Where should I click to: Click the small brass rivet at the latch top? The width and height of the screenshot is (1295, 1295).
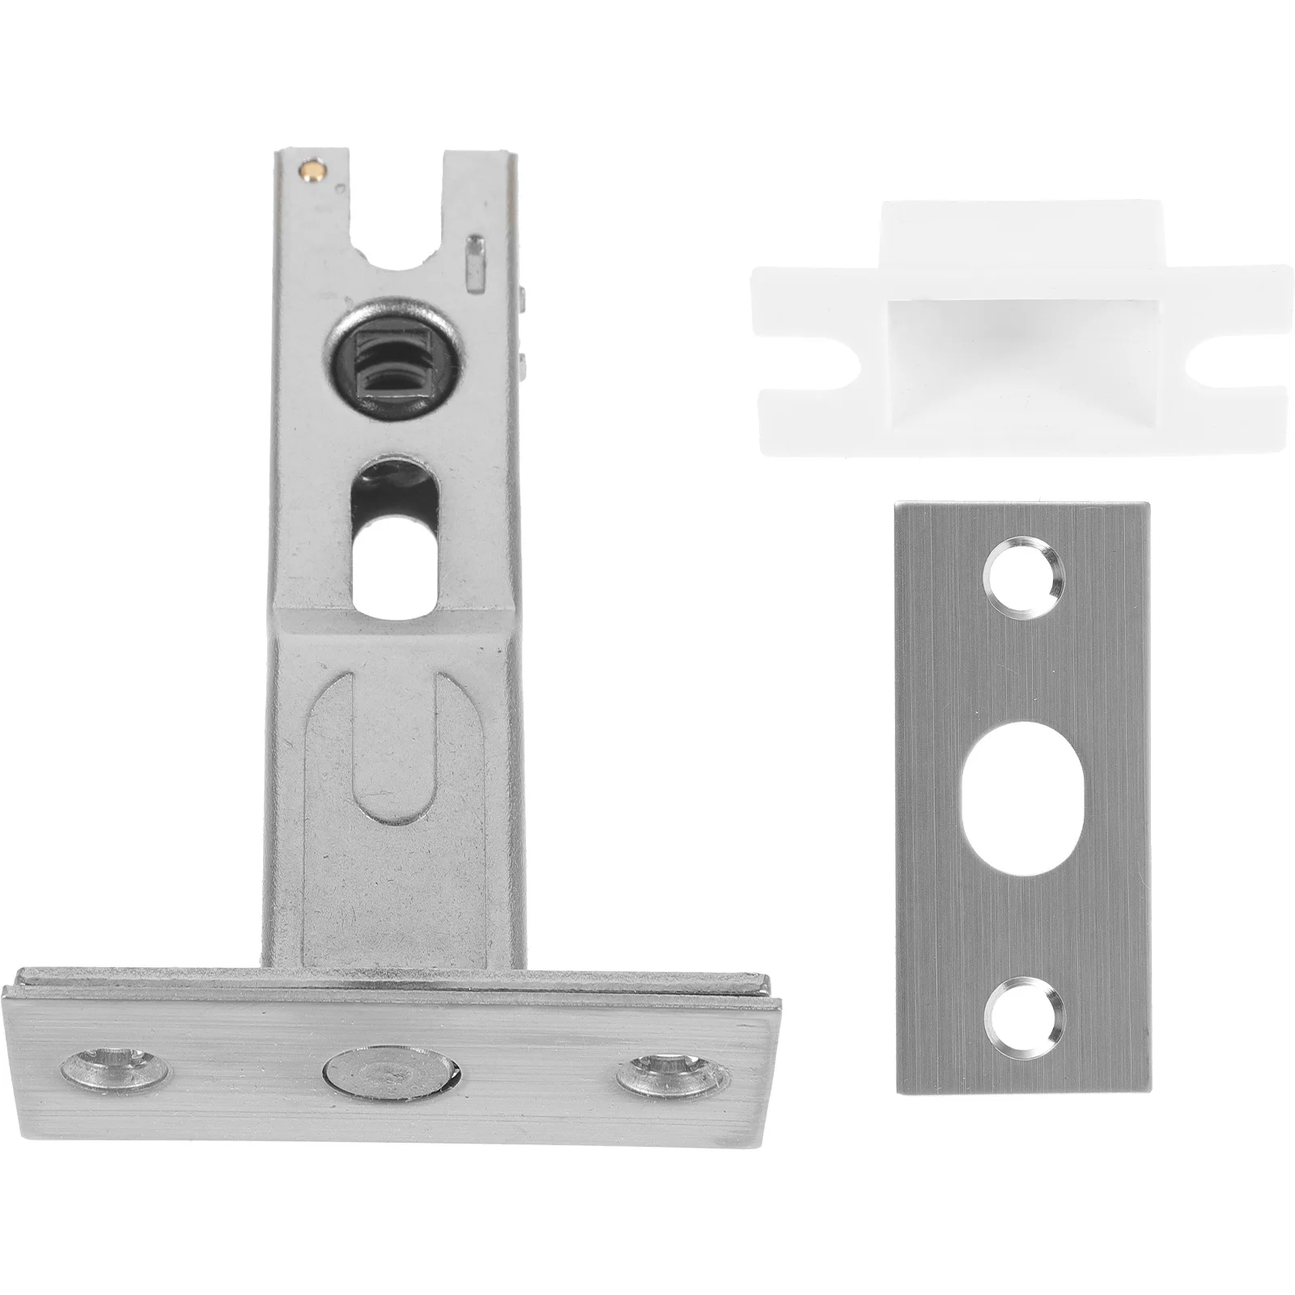(x=311, y=171)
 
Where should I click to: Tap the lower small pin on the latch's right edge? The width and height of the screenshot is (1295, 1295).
(x=524, y=362)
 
